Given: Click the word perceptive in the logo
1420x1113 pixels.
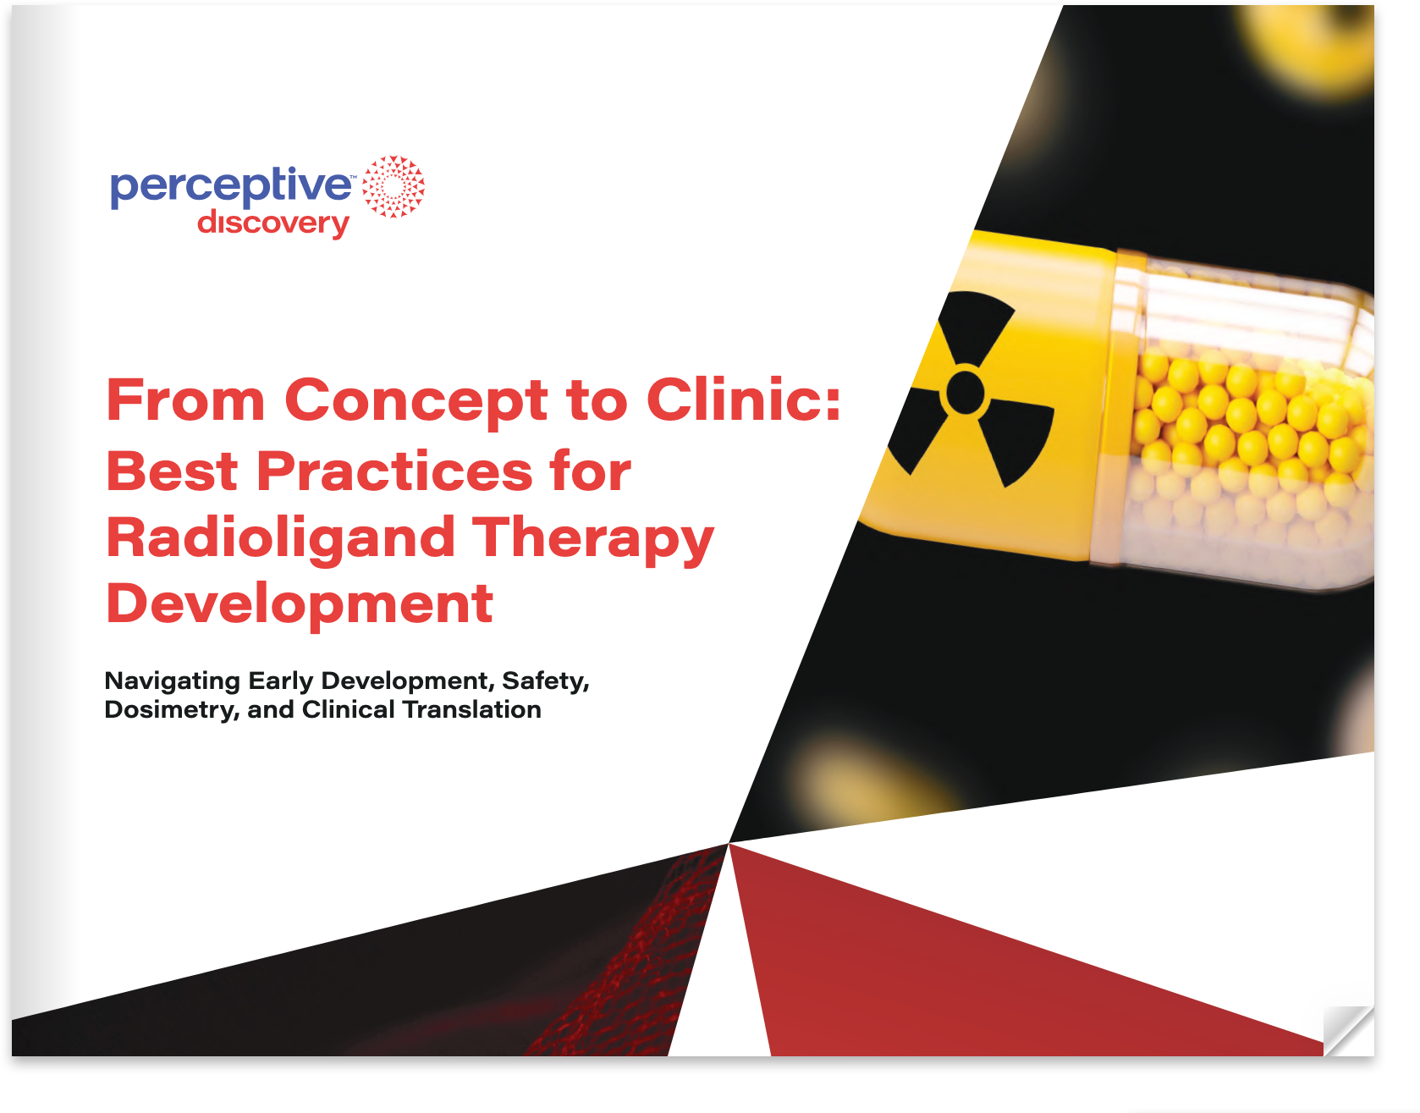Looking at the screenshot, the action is tap(230, 187).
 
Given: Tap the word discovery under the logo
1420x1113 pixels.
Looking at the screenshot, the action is tap(272, 223).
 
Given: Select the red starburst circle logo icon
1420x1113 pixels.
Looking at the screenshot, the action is tap(394, 186).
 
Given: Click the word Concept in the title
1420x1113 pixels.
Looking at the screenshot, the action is tap(416, 400).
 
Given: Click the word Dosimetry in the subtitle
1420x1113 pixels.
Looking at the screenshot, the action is tap(172, 710).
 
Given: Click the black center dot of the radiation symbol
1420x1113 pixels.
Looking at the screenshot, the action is tap(966, 393).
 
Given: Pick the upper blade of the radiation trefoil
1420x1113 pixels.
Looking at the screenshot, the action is tap(976, 325).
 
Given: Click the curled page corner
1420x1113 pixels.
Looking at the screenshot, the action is tap(1349, 1031).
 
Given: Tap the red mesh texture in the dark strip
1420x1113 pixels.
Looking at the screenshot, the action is tap(643, 956).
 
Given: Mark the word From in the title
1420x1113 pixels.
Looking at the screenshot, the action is tap(186, 400).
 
